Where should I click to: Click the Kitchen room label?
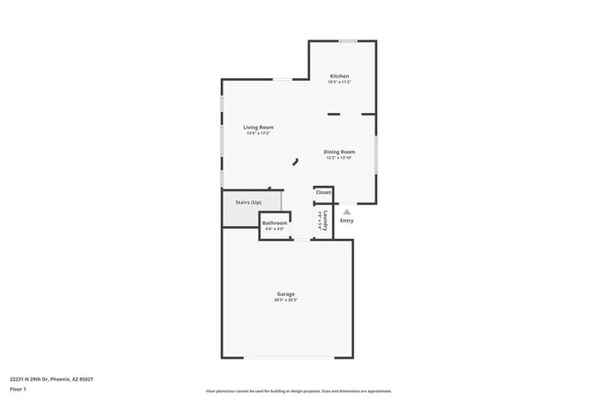click(x=339, y=75)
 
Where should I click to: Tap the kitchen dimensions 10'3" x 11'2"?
click(x=339, y=82)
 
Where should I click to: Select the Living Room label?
click(x=258, y=127)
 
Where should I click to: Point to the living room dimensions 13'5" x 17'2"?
click(x=258, y=133)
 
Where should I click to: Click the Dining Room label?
click(x=339, y=151)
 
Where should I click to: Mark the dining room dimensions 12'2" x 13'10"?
click(x=339, y=157)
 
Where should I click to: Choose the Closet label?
click(x=323, y=193)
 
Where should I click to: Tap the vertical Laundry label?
click(x=327, y=221)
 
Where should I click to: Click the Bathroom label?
click(x=274, y=222)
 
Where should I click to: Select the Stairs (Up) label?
click(x=248, y=201)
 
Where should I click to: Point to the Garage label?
click(x=285, y=293)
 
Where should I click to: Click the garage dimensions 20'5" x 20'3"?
click(x=285, y=300)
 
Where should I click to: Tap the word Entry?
click(x=347, y=220)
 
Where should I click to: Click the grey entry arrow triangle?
click(x=347, y=211)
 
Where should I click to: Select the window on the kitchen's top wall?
click(x=348, y=40)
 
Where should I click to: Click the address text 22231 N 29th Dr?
click(x=52, y=379)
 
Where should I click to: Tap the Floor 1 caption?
click(x=18, y=389)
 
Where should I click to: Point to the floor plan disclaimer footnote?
click(x=299, y=391)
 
